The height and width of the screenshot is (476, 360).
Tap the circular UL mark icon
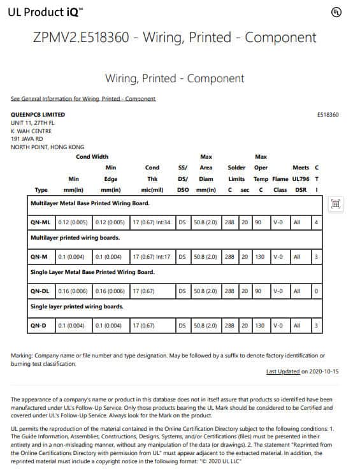pyautogui.click(x=336, y=12)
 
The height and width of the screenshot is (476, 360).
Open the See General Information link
pyautogui.click(x=83, y=99)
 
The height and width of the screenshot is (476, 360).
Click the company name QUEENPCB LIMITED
pyautogui.click(x=38, y=115)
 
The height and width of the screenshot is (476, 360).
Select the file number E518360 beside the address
pyautogui.click(x=328, y=115)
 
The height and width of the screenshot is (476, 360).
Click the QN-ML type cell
pyautogui.click(x=40, y=222)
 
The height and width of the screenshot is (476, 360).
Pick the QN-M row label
pyautogui.click(x=40, y=257)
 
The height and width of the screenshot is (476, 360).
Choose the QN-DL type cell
pyautogui.click(x=40, y=291)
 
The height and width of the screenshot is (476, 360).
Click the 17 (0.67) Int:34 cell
pyautogui.click(x=151, y=222)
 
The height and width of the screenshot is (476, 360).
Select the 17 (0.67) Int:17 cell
pyautogui.click(x=151, y=257)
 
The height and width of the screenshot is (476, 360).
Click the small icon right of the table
pyautogui.click(x=336, y=204)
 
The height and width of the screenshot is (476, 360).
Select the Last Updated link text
pyautogui.click(x=282, y=371)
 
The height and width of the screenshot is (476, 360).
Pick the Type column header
pyautogui.click(x=41, y=190)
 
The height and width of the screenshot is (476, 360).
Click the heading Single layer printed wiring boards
pyautogui.click(x=77, y=307)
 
